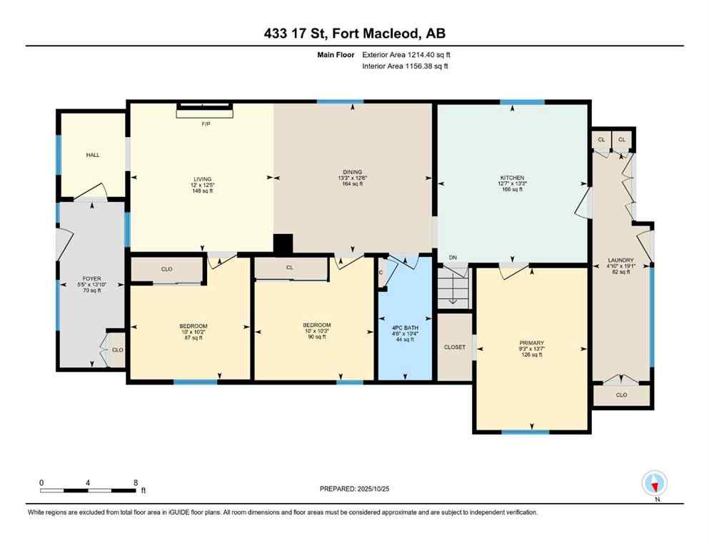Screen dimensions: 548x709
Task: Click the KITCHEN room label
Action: tap(513, 178)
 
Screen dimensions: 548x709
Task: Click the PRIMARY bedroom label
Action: tap(531, 342)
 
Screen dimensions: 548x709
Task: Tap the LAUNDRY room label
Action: tap(621, 260)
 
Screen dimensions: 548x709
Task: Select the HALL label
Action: tap(93, 154)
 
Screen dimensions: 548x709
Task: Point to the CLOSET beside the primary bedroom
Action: tap(455, 347)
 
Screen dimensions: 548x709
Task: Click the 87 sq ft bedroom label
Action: tap(193, 326)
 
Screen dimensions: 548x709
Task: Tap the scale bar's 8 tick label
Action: tap(135, 482)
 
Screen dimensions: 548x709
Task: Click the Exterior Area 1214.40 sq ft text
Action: tap(406, 54)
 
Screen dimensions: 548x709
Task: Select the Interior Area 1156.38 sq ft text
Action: tap(406, 66)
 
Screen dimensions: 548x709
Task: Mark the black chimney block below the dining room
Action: tap(283, 244)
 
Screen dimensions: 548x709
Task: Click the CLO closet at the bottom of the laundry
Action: tap(621, 395)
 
